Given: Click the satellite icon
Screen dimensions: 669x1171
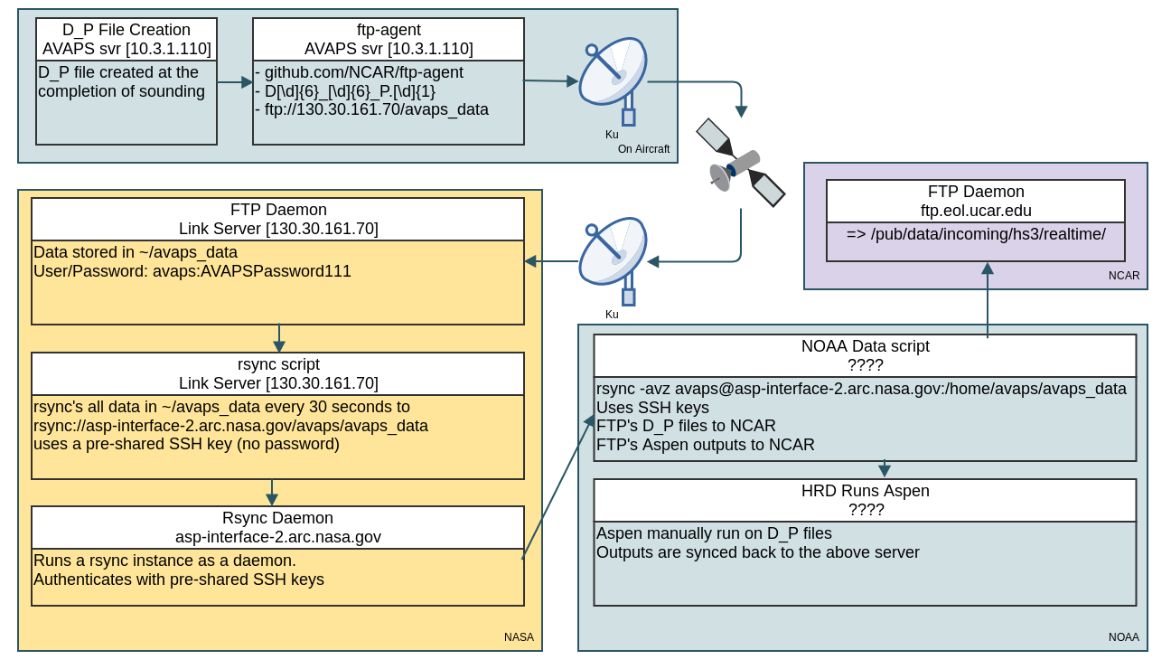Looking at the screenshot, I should click(x=740, y=163).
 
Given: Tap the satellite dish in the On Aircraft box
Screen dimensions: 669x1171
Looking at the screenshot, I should click(x=612, y=78).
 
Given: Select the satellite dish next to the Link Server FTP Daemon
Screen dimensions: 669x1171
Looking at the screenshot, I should click(x=612, y=258).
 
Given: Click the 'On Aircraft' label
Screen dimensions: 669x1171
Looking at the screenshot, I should click(x=643, y=149).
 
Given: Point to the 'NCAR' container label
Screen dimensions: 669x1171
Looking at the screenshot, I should click(x=1124, y=276).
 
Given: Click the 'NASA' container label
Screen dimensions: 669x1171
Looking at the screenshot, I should click(x=519, y=637).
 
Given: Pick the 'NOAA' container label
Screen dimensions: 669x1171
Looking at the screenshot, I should click(x=1123, y=637).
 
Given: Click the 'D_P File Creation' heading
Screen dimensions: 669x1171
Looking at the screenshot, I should click(x=126, y=30).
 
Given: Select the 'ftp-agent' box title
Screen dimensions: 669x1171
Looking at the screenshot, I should click(x=389, y=30).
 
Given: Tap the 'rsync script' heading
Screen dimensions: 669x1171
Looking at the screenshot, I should click(x=278, y=364).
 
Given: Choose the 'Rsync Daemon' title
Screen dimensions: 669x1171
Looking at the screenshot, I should click(x=278, y=518).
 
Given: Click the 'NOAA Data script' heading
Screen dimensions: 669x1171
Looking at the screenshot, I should click(x=865, y=346).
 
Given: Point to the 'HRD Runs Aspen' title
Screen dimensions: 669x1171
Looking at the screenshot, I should click(x=865, y=491).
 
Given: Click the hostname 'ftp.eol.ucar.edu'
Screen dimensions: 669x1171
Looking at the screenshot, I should click(x=976, y=211).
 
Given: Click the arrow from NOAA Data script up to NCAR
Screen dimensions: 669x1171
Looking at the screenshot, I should click(x=988, y=303).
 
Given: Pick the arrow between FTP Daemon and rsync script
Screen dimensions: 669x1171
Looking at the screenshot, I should click(x=278, y=339).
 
